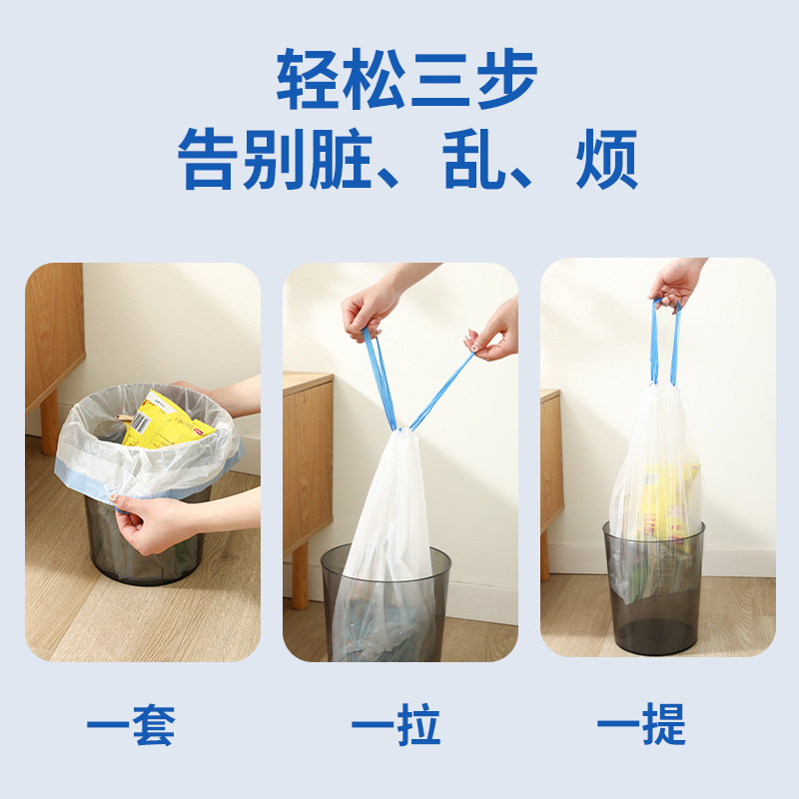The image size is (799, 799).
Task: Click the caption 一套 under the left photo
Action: (x=131, y=726)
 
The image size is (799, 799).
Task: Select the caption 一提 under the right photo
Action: (x=641, y=726)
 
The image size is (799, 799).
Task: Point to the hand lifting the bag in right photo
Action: (x=676, y=281)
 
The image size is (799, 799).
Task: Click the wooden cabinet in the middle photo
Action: (x=308, y=459)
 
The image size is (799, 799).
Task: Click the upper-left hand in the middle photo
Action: (x=372, y=305)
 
